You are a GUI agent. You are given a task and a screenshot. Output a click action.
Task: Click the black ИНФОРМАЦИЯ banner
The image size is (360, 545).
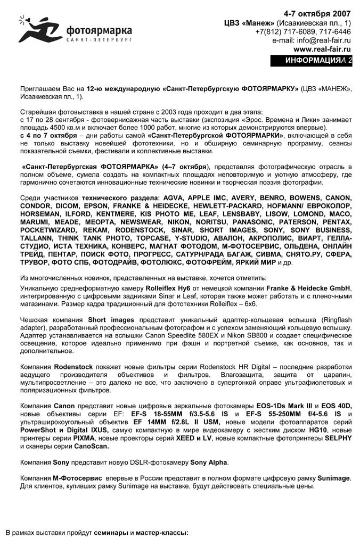(311, 61)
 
